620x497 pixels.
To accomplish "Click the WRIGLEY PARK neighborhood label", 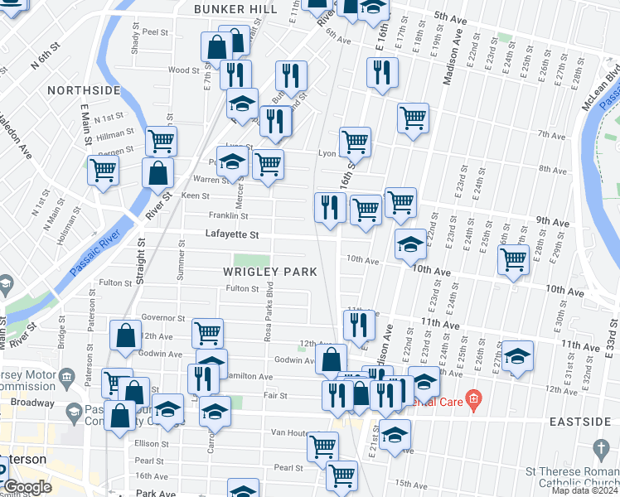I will pos(269,272).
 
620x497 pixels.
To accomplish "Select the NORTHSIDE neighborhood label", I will pos(84,89).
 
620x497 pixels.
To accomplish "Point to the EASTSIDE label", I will pos(580,422).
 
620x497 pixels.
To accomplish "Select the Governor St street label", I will pos(162,317).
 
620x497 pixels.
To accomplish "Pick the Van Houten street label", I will pos(290,433).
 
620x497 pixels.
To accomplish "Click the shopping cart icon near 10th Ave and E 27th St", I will pos(513,259).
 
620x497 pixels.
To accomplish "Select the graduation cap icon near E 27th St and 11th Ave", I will pos(517,356).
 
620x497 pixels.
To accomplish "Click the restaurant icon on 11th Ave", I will pos(358,326).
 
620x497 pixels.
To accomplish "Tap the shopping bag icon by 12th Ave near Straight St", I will pos(125,336).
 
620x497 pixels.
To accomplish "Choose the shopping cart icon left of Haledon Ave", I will pos(103,171).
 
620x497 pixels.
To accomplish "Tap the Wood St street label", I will pos(179,70).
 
